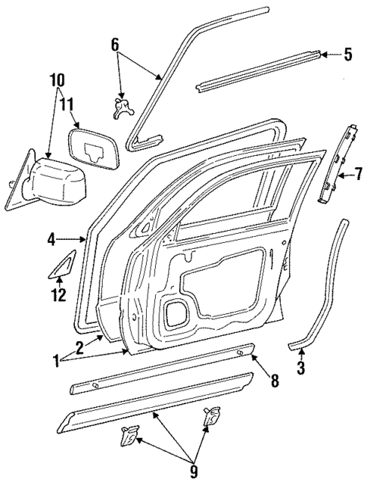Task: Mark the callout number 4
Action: pyautogui.click(x=51, y=241)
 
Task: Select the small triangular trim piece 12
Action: pyautogui.click(x=63, y=265)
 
